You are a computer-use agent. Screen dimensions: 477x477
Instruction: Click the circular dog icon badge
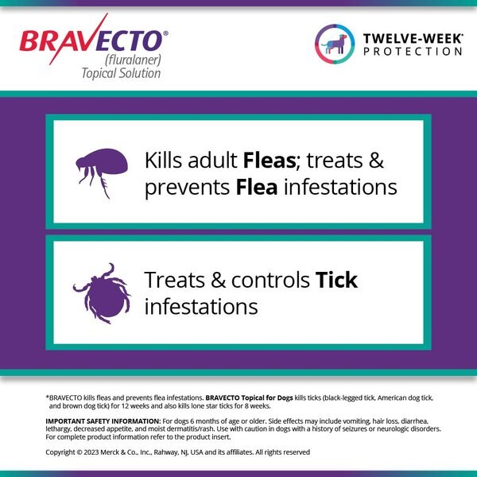335,44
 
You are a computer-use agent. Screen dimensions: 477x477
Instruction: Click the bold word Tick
336,280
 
